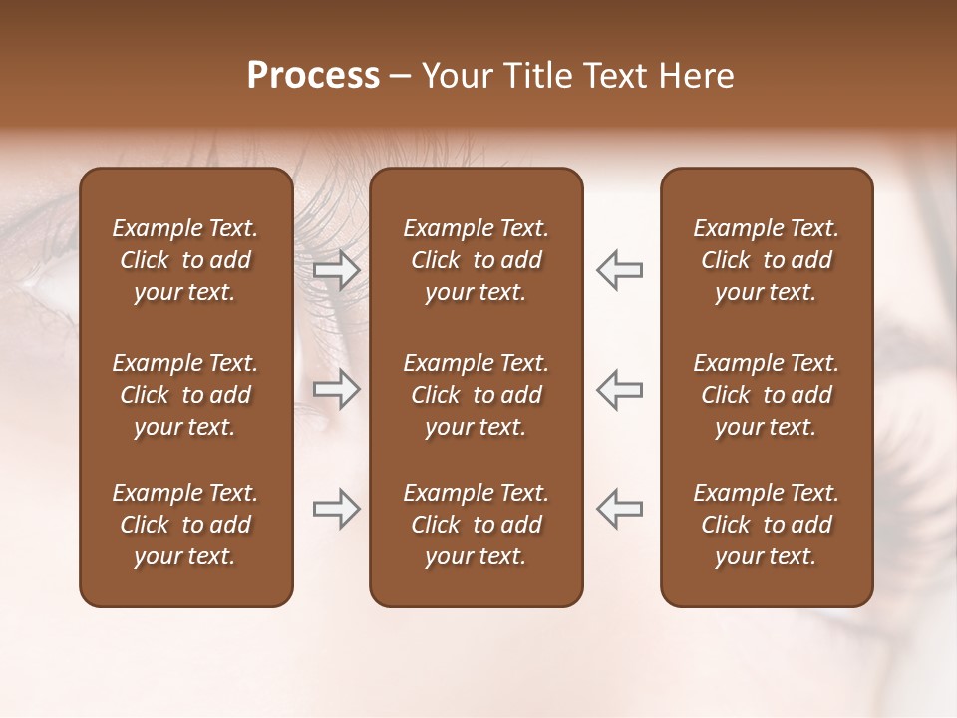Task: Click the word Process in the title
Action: pyautogui.click(x=313, y=76)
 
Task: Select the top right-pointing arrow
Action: pyautogui.click(x=337, y=270)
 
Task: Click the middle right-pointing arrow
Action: pyautogui.click(x=337, y=390)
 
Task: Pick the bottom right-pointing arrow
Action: pyautogui.click(x=337, y=509)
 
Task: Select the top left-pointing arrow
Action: pyautogui.click(x=619, y=270)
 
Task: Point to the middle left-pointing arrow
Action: pyautogui.click(x=619, y=390)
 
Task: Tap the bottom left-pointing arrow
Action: pyautogui.click(x=619, y=509)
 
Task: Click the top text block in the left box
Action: pyautogui.click(x=185, y=260)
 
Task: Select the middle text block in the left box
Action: pyautogui.click(x=185, y=395)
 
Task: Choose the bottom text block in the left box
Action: pyautogui.click(x=185, y=525)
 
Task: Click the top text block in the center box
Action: pyautogui.click(x=476, y=260)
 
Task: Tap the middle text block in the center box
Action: pyautogui.click(x=476, y=395)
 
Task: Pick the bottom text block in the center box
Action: pyautogui.click(x=476, y=525)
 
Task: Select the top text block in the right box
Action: pyautogui.click(x=766, y=260)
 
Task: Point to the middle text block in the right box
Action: pyautogui.click(x=766, y=395)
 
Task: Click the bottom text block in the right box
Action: pyautogui.click(x=766, y=525)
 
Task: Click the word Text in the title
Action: pyautogui.click(x=611, y=76)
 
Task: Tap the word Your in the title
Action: pyautogui.click(x=454, y=76)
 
